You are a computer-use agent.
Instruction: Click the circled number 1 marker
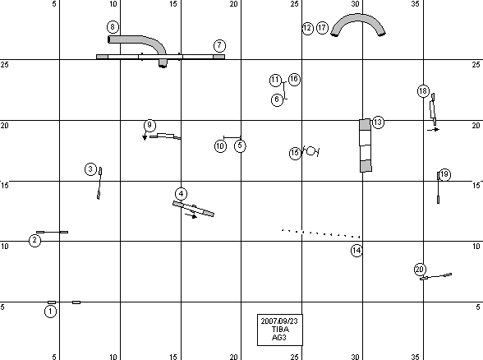point(51,312)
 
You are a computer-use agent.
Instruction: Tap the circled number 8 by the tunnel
point(113,27)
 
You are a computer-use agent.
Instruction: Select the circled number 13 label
point(378,122)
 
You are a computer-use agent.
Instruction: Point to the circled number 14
point(356,251)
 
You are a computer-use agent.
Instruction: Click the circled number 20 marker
point(420,270)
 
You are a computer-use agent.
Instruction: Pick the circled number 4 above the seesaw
point(181,194)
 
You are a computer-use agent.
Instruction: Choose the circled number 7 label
point(219,46)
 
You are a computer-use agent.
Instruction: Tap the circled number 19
point(444,175)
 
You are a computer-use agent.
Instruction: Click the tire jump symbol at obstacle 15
point(311,151)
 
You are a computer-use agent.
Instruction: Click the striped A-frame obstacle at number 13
point(366,145)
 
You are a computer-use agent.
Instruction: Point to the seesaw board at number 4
point(194,209)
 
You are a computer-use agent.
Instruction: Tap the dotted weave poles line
point(321,233)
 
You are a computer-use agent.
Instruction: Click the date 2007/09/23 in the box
point(279,321)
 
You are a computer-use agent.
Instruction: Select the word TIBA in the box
point(280,329)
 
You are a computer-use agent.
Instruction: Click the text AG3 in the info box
point(279,338)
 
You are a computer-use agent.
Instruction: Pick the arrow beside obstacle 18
point(434,130)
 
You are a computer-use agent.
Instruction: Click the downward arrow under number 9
point(145,136)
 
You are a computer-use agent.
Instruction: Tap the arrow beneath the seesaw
point(191,215)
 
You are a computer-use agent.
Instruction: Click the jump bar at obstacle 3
point(99,183)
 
